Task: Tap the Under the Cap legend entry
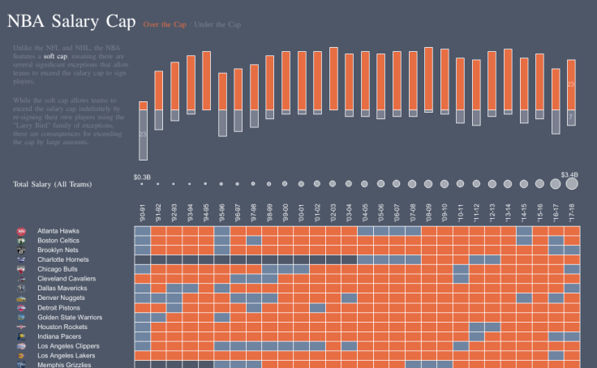(217, 24)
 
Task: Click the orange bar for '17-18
(571, 84)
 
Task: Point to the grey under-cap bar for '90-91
(143, 135)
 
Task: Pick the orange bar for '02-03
(333, 79)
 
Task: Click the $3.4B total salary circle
(571, 184)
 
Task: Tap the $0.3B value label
(142, 176)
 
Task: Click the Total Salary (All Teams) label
(52, 185)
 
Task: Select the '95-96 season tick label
(222, 213)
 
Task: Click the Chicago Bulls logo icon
(20, 269)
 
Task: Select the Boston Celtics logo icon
(20, 241)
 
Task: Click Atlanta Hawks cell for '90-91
(143, 231)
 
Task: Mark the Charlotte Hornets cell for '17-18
(572, 259)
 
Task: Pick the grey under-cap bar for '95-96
(222, 123)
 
